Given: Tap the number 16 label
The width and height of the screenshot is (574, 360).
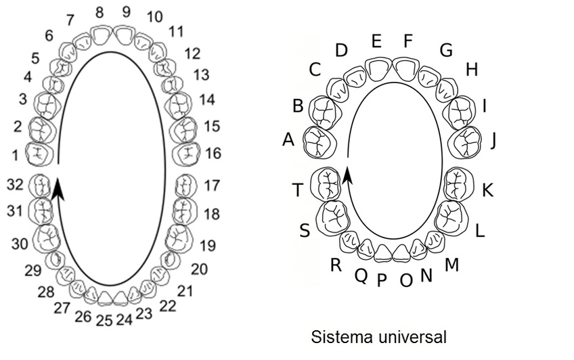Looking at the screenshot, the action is (213, 154).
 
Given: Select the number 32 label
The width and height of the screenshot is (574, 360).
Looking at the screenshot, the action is (15, 184).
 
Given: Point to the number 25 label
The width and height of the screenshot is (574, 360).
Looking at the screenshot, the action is (104, 320).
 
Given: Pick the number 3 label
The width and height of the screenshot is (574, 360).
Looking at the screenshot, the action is (22, 99).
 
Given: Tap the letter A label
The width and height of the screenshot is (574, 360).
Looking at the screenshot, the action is (288, 140).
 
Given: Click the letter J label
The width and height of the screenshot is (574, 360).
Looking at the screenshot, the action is (494, 140).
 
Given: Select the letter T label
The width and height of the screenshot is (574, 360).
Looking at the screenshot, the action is (298, 192).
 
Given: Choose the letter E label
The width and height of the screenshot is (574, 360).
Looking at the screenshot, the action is (376, 41).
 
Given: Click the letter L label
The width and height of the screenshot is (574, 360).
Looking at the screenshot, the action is (480, 231).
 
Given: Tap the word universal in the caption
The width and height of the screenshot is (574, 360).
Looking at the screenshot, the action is (413, 336).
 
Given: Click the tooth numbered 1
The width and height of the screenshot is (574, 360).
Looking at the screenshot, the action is (38, 153).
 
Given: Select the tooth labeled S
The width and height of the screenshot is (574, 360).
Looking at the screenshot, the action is (334, 216).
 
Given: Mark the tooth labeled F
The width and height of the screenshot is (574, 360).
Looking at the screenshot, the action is (407, 68).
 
